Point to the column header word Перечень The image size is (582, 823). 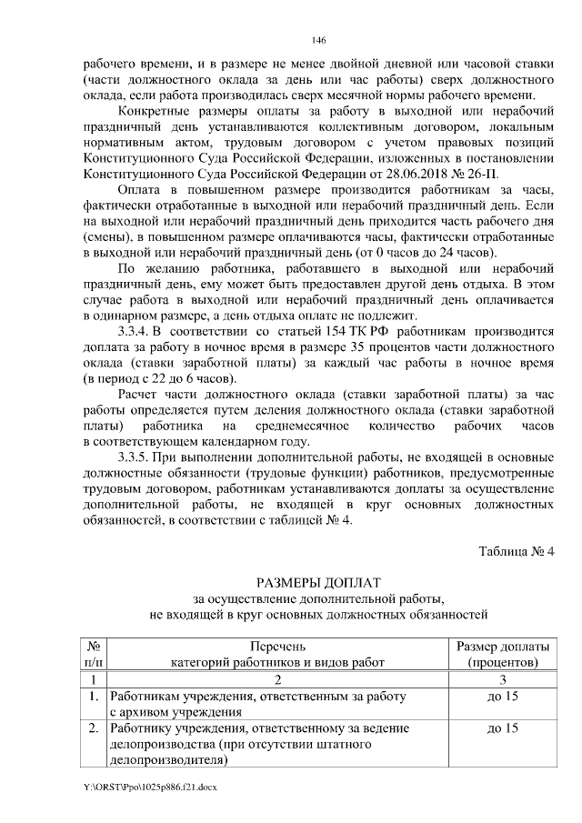[278, 646]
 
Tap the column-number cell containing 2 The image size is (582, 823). [278, 679]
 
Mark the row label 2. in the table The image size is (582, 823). [93, 729]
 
